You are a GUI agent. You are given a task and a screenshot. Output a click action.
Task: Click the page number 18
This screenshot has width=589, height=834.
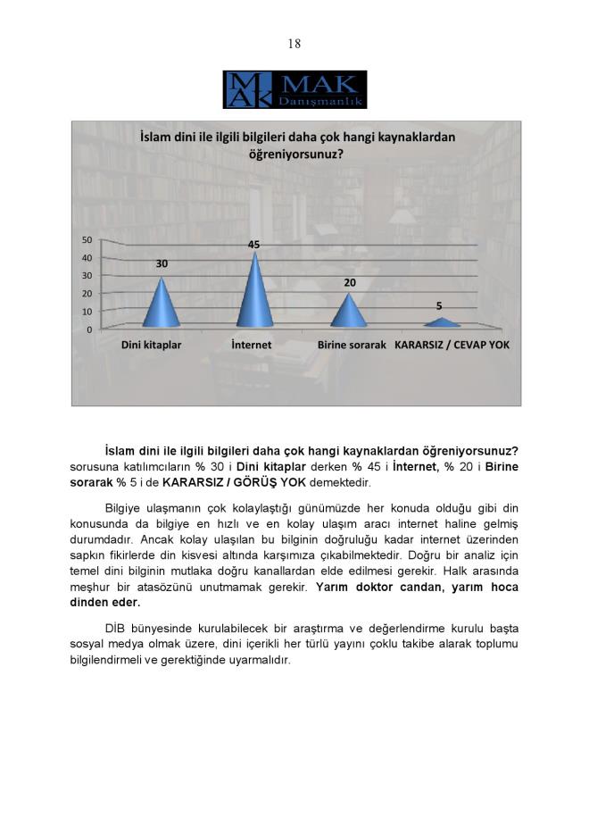click(294, 44)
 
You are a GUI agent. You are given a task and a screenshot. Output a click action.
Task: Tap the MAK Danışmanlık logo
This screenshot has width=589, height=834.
click(294, 89)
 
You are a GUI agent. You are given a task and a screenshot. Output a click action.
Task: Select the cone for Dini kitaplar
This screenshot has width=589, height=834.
click(162, 305)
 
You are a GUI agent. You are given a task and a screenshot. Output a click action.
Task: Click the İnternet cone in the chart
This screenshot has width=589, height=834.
click(254, 295)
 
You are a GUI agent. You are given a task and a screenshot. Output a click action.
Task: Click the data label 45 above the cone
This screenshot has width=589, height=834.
click(254, 245)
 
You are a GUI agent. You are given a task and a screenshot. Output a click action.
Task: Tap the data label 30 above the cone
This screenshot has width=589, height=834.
click(162, 264)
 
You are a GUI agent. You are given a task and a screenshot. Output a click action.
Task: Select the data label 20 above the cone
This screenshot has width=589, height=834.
click(350, 282)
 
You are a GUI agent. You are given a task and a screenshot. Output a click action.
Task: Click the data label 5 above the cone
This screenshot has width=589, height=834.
click(438, 305)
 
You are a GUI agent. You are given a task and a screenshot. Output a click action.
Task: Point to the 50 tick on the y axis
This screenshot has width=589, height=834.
click(87, 239)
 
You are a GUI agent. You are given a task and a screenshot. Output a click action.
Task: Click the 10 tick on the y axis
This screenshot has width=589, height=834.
click(87, 312)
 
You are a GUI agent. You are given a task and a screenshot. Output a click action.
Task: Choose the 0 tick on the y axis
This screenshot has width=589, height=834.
click(89, 329)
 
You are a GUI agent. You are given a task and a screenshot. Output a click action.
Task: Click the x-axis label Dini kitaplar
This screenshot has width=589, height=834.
click(152, 345)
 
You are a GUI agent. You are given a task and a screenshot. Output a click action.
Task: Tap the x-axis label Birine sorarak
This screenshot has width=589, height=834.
click(352, 345)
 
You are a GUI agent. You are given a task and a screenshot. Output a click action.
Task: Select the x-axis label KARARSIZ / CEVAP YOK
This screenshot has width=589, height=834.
click(452, 345)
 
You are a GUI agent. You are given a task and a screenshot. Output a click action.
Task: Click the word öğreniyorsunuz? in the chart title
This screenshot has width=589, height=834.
click(296, 154)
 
